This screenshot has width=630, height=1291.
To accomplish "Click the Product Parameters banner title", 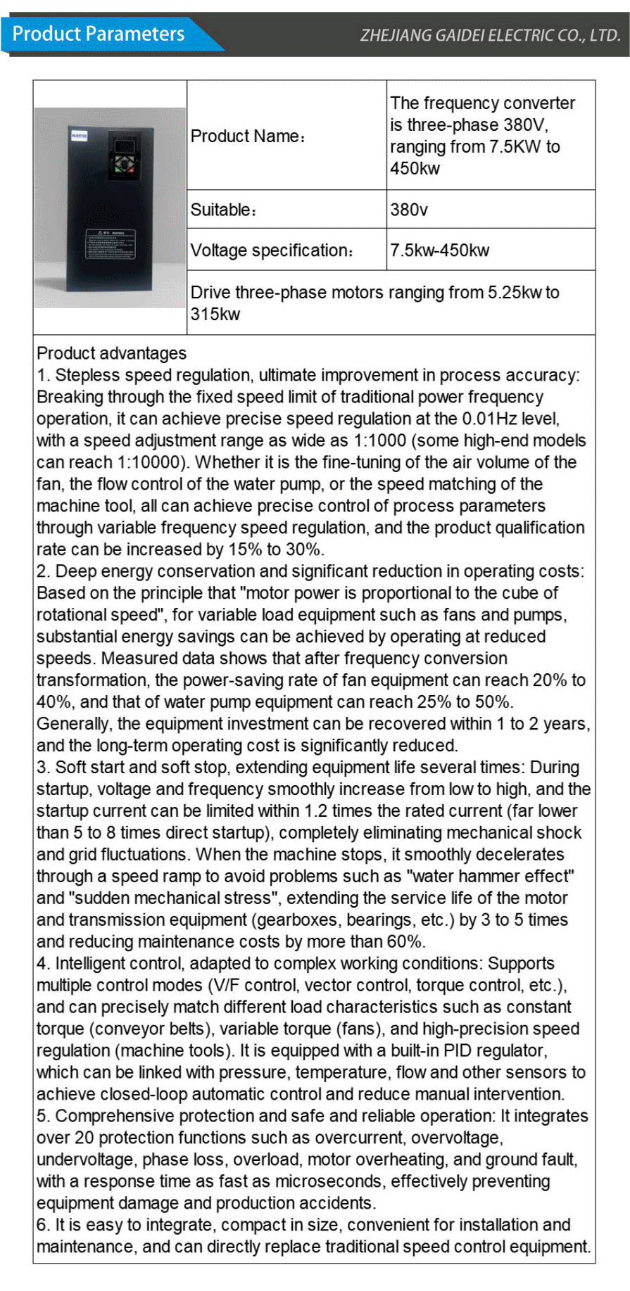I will [x=99, y=34].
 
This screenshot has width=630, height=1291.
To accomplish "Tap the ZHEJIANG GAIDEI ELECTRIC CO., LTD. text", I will [x=490, y=35].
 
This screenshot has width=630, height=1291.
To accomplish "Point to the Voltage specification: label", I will [x=272, y=250].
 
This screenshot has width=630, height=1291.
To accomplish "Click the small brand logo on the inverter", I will [x=79, y=136].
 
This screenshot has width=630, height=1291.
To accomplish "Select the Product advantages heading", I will [x=112, y=353].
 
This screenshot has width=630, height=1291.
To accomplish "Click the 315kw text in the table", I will [x=215, y=314].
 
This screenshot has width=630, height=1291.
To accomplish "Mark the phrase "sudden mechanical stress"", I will [x=172, y=898].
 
